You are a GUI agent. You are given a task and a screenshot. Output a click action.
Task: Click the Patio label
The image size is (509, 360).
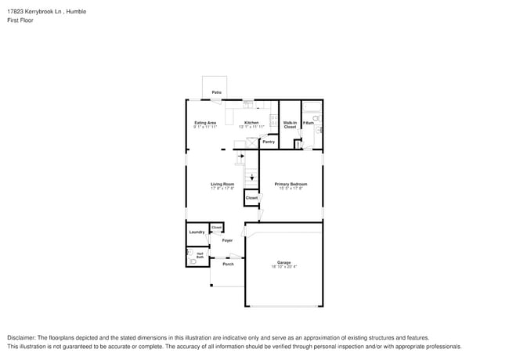coord(216,92)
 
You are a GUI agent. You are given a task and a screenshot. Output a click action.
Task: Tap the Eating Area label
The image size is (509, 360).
coord(205,123)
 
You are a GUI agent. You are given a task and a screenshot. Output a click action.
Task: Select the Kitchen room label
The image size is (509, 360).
coord(251,123)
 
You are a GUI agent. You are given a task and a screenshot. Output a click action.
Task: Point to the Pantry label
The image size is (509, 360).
coord(269,142)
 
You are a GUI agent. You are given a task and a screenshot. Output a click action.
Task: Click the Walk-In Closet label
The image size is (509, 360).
coord(290,124)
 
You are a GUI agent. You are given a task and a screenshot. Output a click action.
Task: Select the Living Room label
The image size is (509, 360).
coord(222,185)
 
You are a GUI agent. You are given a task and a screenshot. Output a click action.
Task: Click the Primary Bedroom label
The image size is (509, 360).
coord(288,185)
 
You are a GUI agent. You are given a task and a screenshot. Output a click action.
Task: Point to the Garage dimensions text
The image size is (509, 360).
coord(283,267)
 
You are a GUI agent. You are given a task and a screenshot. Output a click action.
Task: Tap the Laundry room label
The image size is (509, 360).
coord(197,232)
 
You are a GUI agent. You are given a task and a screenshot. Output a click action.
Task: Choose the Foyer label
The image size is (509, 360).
coord(227,240)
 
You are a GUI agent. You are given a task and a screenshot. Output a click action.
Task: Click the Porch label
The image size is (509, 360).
coord(228,264)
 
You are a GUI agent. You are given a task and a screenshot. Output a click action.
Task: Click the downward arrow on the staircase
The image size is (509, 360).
coord(251,178)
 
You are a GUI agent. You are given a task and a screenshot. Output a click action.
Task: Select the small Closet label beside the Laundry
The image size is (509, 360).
coord(216,227)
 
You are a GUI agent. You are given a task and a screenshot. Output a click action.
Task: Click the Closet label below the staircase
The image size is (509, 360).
coord(251,198)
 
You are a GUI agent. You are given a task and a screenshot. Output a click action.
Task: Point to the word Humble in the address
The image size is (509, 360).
coord(76,10)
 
